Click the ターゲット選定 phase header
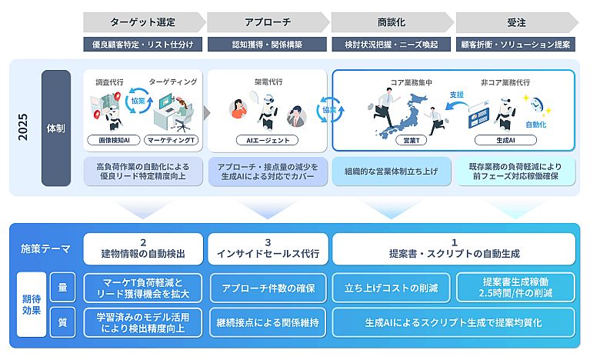142,22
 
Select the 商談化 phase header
392,22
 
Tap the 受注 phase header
515,22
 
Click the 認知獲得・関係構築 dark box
267,45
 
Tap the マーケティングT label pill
172,141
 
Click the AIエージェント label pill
266,141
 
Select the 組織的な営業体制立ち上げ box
392,172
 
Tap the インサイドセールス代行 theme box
267,249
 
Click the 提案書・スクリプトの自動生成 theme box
453,249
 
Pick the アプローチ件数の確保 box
267,288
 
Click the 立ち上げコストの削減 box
392,288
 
